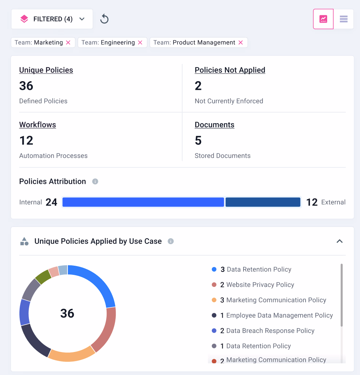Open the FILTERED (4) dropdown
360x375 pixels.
(x=52, y=19)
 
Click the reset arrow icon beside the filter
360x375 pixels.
(x=104, y=19)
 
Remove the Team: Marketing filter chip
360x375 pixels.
(x=68, y=42)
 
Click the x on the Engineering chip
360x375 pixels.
(x=140, y=42)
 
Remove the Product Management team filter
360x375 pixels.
(x=241, y=42)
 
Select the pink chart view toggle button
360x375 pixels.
(x=323, y=19)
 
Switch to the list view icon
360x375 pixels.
(x=344, y=19)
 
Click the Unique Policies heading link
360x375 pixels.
(x=46, y=70)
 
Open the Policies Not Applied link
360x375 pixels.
(x=230, y=70)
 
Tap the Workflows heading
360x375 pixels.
(x=38, y=125)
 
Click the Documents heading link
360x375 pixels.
(x=214, y=125)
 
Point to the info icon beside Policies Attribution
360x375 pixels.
(x=95, y=182)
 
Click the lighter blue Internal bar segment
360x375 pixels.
(x=143, y=202)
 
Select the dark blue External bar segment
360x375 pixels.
(x=263, y=202)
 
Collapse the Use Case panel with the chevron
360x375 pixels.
(x=340, y=241)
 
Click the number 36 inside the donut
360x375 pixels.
(x=67, y=313)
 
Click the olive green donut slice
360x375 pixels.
(x=43, y=277)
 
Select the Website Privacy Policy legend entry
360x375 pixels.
(x=260, y=285)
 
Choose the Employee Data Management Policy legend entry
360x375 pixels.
(x=279, y=315)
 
